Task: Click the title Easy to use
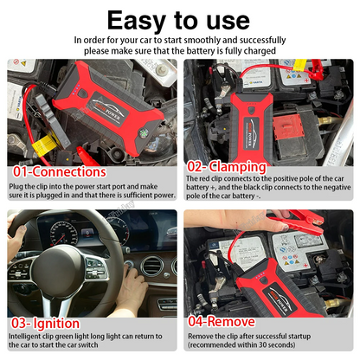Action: coord(179,18)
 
